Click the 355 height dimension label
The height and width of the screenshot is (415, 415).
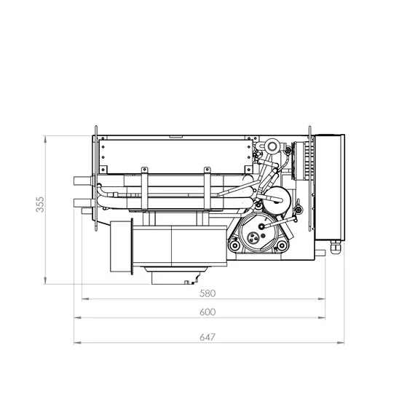pyautogui.click(x=40, y=204)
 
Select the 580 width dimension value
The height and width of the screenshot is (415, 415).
pyautogui.click(x=207, y=293)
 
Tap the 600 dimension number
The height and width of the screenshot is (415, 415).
pyautogui.click(x=207, y=312)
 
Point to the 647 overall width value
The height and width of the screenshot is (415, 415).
pyautogui.click(x=207, y=337)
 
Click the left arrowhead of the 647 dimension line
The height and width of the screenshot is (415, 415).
pyautogui.click(x=77, y=343)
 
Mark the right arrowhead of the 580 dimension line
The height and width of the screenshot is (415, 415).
pyautogui.click(x=322, y=299)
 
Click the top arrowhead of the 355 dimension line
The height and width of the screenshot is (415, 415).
pyautogui.click(x=45, y=140)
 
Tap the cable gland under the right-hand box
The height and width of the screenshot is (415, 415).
pyautogui.click(x=335, y=248)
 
